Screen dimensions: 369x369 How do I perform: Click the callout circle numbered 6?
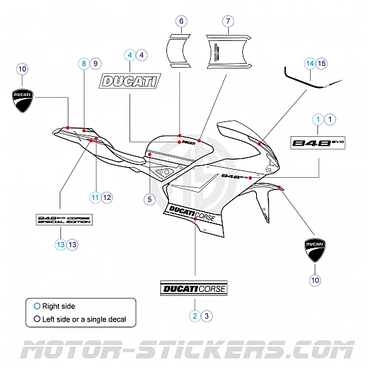(181, 21)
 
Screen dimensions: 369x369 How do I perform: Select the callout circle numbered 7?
(228, 21)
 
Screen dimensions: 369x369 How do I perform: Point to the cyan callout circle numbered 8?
(83, 63)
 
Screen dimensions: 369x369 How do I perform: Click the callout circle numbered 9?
(95, 63)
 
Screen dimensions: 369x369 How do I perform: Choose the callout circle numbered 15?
(321, 63)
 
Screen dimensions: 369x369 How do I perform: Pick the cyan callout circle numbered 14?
(309, 63)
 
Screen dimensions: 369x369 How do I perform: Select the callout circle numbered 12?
(107, 197)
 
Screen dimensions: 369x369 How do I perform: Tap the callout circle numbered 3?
(207, 315)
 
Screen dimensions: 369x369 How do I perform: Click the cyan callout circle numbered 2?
(195, 315)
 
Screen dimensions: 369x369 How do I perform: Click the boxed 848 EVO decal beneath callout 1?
(317, 142)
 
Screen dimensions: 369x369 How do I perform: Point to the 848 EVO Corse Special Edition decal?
(63, 221)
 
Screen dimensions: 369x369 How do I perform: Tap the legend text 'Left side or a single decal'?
(84, 319)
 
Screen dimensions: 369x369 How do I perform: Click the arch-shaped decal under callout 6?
(180, 51)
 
